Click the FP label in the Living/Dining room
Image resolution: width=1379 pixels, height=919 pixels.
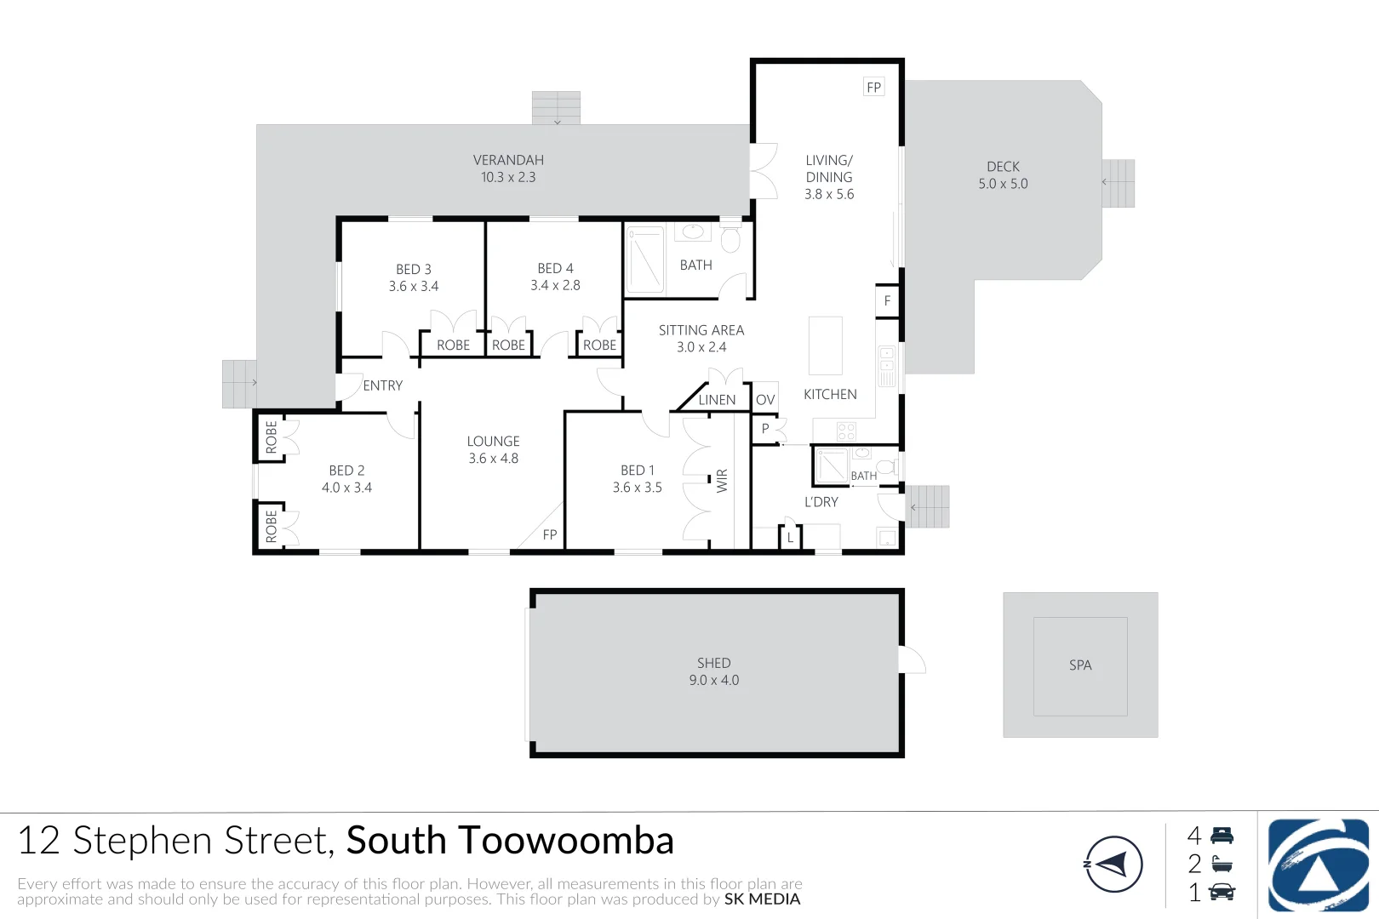[873, 88]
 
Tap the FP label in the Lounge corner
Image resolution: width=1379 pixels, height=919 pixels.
[550, 535]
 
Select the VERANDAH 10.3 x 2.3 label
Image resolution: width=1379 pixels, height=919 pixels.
[508, 168]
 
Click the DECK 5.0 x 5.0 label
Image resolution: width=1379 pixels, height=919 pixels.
[1003, 175]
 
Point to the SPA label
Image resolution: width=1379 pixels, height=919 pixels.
[1080, 665]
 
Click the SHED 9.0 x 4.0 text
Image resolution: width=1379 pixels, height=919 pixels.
[713, 671]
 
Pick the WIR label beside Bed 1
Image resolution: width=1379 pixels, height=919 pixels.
[723, 481]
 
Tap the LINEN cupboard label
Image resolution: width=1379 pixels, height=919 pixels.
[717, 400]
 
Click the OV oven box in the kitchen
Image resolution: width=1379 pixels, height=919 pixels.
[765, 399]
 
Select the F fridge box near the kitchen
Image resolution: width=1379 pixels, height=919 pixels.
[887, 301]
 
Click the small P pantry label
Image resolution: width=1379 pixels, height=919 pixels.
[765, 429]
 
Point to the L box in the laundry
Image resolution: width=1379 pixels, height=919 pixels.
[790, 538]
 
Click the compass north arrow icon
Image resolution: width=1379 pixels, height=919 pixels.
[1113, 865]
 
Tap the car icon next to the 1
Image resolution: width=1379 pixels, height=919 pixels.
[1222, 893]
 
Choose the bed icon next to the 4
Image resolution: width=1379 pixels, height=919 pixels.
[1222, 836]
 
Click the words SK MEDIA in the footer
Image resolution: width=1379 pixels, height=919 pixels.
[762, 899]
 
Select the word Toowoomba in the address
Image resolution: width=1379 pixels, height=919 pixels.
[569, 841]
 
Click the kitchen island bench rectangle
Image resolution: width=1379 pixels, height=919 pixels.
[825, 346]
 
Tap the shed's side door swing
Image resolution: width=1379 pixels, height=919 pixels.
[913, 660]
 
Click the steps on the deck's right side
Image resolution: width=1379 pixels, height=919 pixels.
[1119, 183]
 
